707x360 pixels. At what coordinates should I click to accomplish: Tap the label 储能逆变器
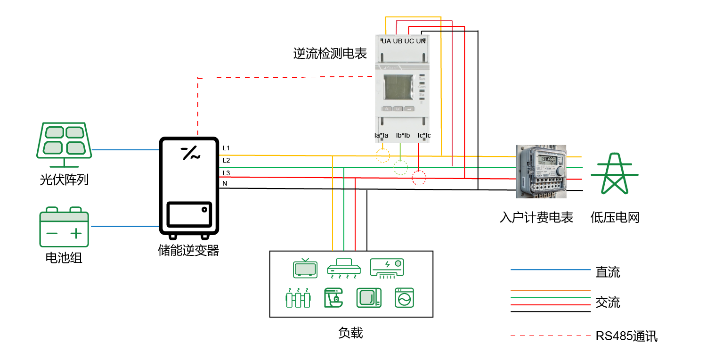coord(188,250)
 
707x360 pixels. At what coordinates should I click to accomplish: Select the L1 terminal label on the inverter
coord(226,148)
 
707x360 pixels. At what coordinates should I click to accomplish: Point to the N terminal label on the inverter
coord(225,183)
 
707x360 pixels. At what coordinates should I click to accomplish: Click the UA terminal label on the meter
coord(386,41)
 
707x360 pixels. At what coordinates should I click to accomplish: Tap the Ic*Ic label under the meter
coord(424,136)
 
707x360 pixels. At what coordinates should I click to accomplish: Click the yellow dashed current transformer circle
coord(383,155)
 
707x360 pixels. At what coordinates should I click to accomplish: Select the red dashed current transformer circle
coord(419,178)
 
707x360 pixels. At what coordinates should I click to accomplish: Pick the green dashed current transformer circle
coord(400,167)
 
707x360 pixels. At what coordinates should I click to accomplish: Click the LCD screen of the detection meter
coord(398,89)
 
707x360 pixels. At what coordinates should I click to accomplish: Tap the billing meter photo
coord(541,171)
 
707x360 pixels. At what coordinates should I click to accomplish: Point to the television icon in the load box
coord(305,268)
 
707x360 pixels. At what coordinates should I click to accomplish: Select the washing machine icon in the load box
coord(404,298)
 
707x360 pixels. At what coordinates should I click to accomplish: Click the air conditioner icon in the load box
coord(387,268)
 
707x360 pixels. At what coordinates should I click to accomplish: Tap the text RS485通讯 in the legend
coord(626,336)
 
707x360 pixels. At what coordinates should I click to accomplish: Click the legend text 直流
coord(608,272)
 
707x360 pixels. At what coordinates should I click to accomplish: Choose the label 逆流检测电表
coord(330,54)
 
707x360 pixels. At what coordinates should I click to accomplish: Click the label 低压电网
coord(615,218)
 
